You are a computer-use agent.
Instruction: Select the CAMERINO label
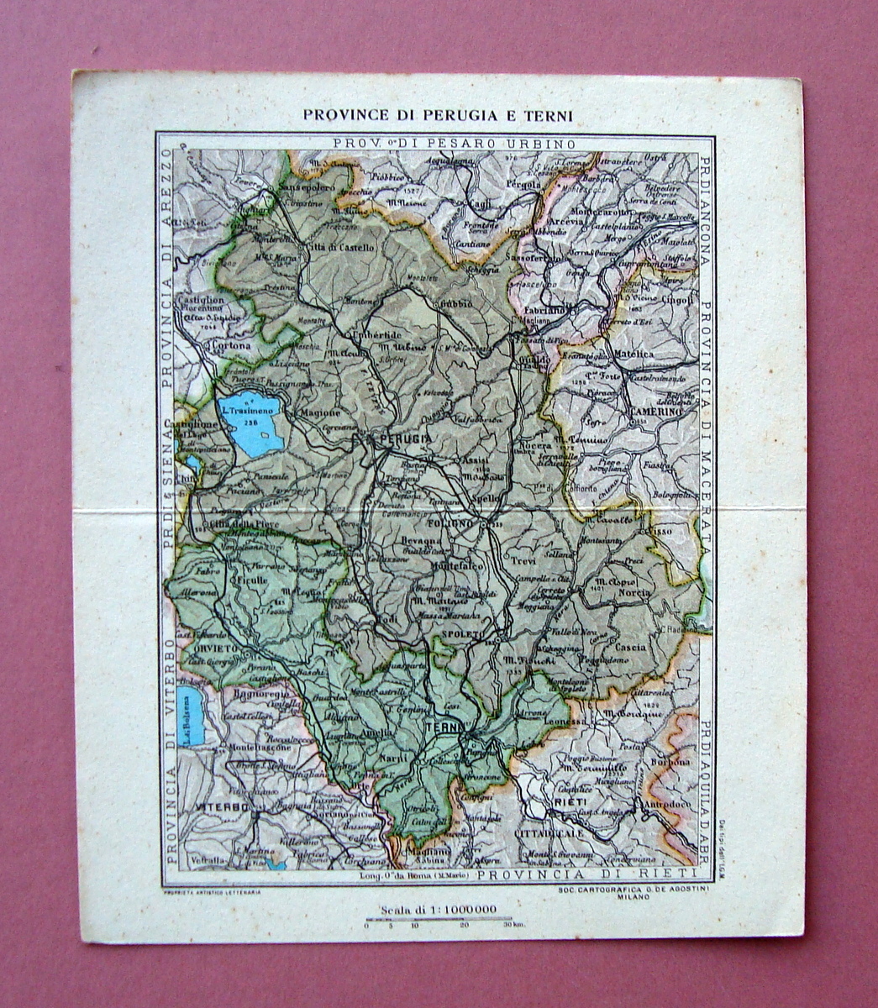point(656,412)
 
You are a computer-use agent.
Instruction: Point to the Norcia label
point(634,593)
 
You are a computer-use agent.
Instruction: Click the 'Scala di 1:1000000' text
point(438,909)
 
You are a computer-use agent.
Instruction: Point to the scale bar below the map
point(438,920)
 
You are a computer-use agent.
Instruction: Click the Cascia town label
point(630,648)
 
